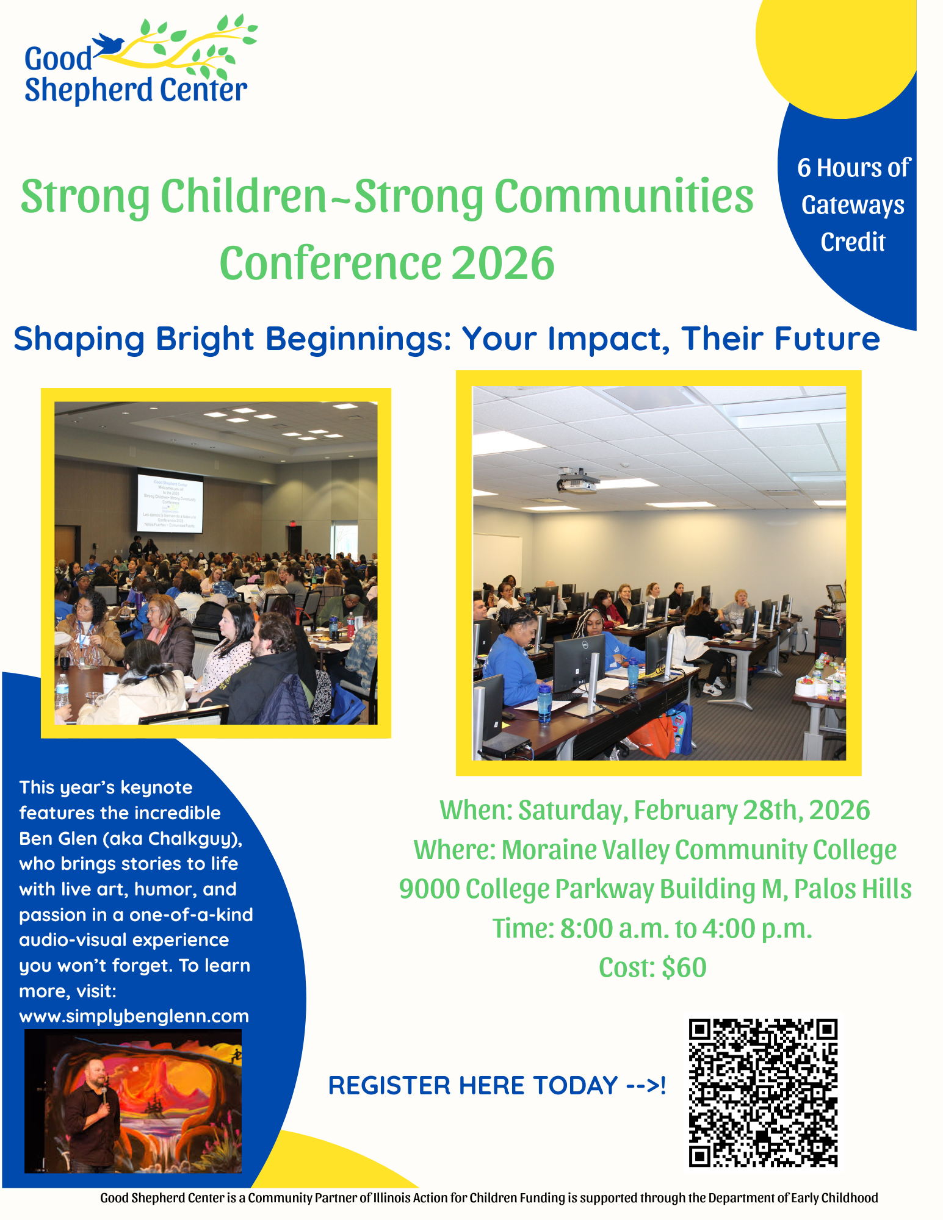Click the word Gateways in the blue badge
tap(853, 206)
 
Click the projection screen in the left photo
tap(170, 503)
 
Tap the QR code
tap(763, 1092)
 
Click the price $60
tap(684, 967)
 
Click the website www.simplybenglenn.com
tap(134, 1016)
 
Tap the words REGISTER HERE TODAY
tap(474, 1086)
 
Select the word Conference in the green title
tap(330, 263)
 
